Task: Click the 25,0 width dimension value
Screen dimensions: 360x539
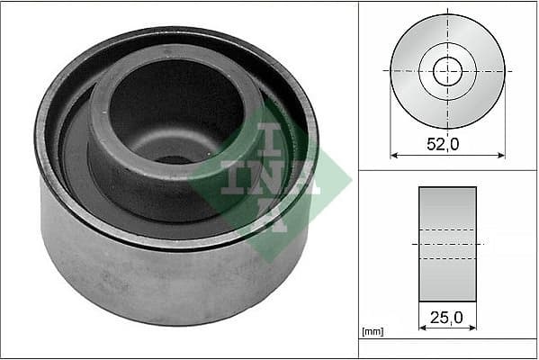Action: pyautogui.click(x=447, y=318)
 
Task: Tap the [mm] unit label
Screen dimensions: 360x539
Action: pyautogui.click(x=371, y=332)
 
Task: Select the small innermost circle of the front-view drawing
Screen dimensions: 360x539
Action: pyautogui.click(x=447, y=70)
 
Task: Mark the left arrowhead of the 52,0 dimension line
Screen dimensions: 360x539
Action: pyautogui.click(x=394, y=155)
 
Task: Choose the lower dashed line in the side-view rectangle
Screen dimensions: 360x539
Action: pyautogui.click(x=447, y=259)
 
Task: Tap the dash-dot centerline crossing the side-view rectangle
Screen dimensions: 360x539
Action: pyautogui.click(x=447, y=244)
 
